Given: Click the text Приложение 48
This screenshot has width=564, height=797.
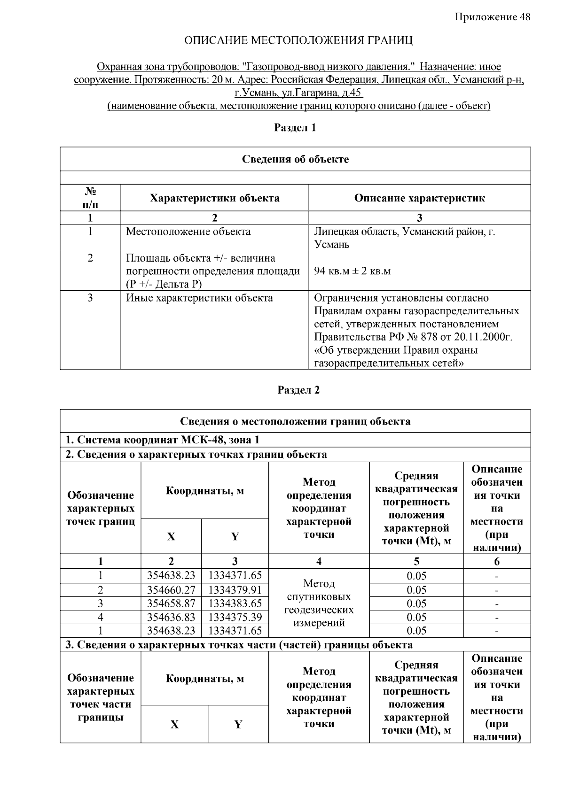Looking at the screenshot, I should point(492,17).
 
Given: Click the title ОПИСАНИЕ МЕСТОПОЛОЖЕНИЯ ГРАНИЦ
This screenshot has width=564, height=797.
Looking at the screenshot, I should point(298,40).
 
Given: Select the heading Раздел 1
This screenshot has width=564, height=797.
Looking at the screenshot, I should point(295,128).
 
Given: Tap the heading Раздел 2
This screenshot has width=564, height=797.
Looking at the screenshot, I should point(298,390).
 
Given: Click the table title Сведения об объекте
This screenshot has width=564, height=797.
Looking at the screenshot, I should point(295,159).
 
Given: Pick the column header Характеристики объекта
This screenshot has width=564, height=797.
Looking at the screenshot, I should point(214,198).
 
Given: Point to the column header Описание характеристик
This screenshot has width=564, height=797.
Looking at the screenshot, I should point(419,198).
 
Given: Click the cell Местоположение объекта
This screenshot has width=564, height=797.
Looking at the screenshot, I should point(188,232).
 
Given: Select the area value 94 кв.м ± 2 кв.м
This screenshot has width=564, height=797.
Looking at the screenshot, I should point(352,271).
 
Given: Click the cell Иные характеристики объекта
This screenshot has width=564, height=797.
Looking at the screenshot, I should point(199,298).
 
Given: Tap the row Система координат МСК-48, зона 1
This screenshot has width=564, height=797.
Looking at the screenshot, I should point(162,440).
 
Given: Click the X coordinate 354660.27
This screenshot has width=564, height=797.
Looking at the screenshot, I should point(171,590).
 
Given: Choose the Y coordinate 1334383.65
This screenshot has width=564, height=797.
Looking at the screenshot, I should point(235,604).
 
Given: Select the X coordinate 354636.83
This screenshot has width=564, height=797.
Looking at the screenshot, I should point(171,617).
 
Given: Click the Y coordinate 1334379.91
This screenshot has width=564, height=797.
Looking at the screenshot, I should point(235,590).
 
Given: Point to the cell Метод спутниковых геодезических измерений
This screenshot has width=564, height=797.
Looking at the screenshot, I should point(319,603).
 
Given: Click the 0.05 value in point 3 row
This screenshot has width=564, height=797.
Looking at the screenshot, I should point(416,604).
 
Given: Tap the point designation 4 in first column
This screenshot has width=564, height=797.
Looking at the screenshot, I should point(100,617).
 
